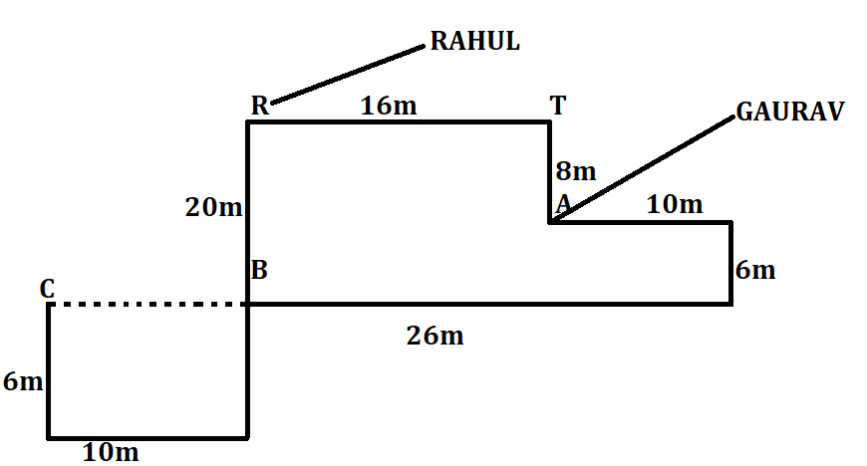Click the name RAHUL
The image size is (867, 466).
pos(474,42)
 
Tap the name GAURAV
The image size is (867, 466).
pos(789,112)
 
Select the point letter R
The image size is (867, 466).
pos(259,108)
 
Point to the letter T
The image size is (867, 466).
pos(558,106)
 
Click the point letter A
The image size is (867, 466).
pos(563,204)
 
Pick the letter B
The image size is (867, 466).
pos(259,270)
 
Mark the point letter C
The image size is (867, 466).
pos(47,289)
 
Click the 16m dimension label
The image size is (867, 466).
pos(389,107)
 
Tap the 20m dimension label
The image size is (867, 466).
pos(213,207)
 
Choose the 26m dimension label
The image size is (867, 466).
pos(434,336)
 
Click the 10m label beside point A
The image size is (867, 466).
pos(674,205)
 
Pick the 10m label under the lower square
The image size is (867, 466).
pos(110,452)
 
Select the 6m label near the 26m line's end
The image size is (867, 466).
pos(755,270)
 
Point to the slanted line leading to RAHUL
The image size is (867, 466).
pos(349,73)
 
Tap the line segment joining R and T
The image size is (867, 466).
pos(399,122)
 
